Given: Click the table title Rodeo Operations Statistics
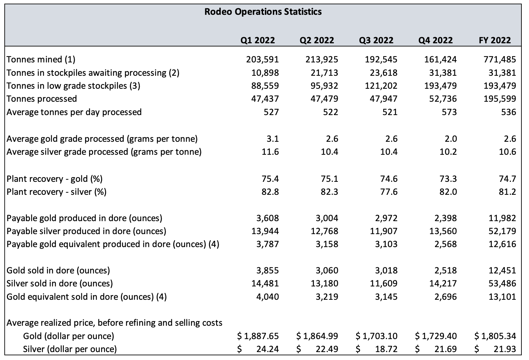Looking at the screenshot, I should click(x=263, y=12).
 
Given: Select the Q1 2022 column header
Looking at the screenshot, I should click(x=257, y=40).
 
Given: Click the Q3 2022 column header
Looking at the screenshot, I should click(x=376, y=40).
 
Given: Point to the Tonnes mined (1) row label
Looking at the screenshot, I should click(x=41, y=60).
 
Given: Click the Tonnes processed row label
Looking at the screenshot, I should click(x=41, y=99).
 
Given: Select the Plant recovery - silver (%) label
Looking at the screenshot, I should click(x=56, y=192).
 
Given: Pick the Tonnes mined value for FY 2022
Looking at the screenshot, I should click(x=500, y=60).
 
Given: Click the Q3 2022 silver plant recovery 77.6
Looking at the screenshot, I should click(x=389, y=192).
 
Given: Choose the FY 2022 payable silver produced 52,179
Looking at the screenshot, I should click(x=502, y=231).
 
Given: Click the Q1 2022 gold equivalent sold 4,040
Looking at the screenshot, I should click(x=268, y=297).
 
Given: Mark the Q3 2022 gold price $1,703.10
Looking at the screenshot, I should click(x=376, y=336).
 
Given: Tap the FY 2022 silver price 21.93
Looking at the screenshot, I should click(x=505, y=349).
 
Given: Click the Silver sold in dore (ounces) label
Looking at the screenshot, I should click(x=60, y=284).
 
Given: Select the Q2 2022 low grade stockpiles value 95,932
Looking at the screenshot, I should click(x=324, y=86).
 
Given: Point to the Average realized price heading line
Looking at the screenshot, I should click(x=114, y=323).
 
